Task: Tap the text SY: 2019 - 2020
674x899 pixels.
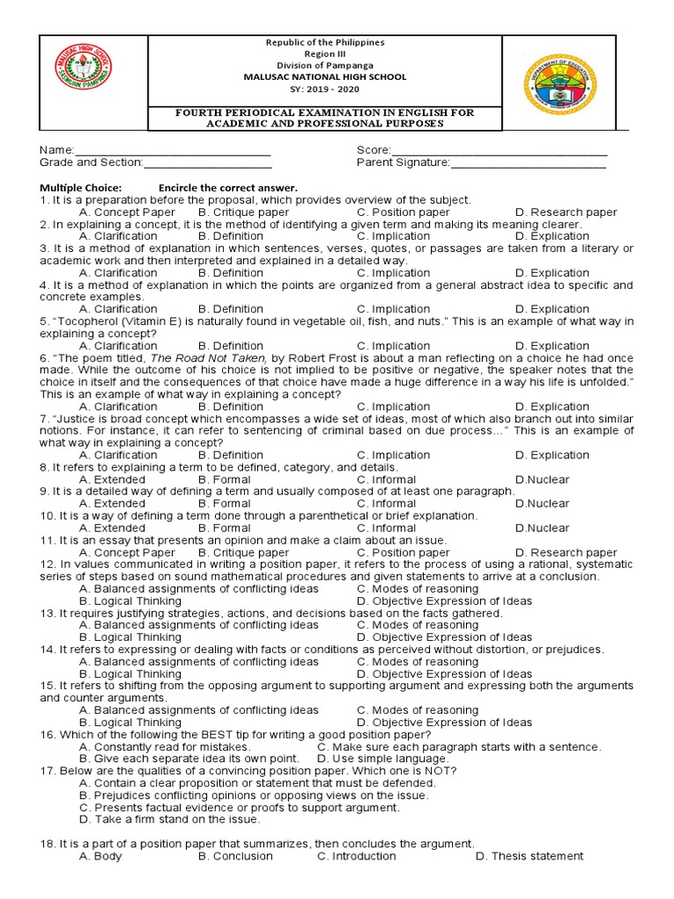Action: pos(325,89)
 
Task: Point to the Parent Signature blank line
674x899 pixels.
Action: pos(527,163)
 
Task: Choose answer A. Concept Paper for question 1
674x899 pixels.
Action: pos(126,212)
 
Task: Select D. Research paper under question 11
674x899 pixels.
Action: pos(566,553)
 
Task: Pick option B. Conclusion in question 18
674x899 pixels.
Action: pos(235,856)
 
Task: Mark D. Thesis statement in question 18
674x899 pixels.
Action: pos(529,856)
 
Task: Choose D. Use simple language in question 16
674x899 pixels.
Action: pos(383,759)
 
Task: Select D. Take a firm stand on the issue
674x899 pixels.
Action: pos(169,819)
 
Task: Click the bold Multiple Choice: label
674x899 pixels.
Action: pos(81,188)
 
